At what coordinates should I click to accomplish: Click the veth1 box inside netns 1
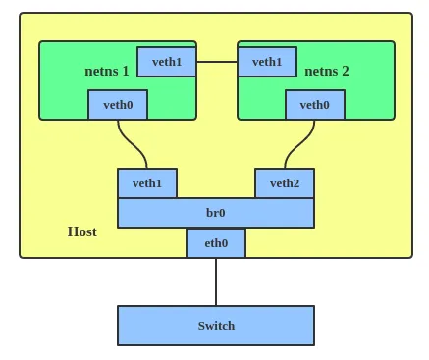[x=167, y=62]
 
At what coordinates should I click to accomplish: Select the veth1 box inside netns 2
[x=267, y=62]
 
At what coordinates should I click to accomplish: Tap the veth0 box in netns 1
[x=118, y=105]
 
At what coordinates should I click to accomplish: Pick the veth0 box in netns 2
[x=315, y=105]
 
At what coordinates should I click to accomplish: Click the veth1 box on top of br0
[x=147, y=183]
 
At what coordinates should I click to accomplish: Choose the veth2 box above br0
[x=285, y=183]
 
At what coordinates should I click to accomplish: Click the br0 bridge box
[x=216, y=213]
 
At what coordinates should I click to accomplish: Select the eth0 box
[x=216, y=243]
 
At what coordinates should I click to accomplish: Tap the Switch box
[x=216, y=326]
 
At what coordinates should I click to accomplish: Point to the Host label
[x=81, y=231]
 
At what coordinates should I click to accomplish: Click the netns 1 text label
[x=106, y=71]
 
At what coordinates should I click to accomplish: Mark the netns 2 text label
[x=327, y=71]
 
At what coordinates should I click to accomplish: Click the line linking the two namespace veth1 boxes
[x=217, y=62]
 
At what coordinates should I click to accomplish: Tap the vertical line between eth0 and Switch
[x=216, y=282]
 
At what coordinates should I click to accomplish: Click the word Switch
[x=216, y=326]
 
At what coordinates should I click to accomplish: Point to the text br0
[x=216, y=213]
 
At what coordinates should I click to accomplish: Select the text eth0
[x=216, y=243]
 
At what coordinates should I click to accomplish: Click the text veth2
[x=285, y=183]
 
